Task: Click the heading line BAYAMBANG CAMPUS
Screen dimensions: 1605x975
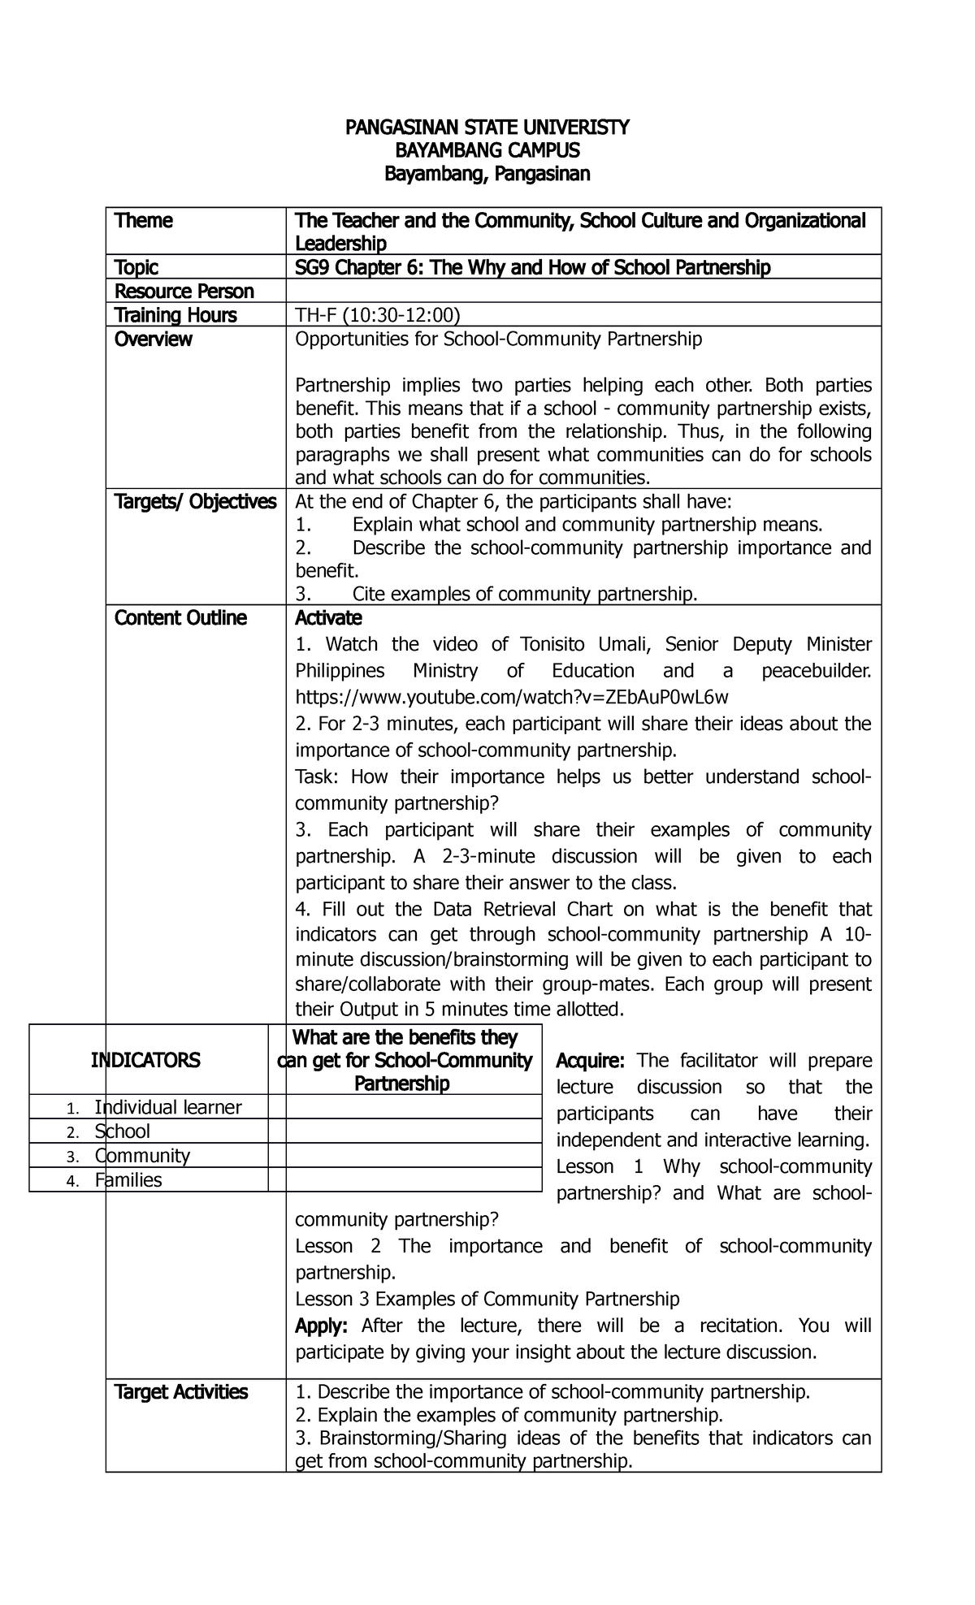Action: (487, 150)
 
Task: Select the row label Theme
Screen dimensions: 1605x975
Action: (144, 221)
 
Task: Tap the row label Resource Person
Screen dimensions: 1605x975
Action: (184, 291)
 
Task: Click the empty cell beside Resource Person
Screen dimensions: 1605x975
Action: (583, 291)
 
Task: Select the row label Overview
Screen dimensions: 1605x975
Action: (154, 339)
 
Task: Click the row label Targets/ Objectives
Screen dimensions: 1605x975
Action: (195, 502)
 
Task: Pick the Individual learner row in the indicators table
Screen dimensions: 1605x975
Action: (167, 1107)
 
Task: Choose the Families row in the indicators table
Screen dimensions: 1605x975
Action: (128, 1180)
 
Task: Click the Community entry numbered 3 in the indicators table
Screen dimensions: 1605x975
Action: (141, 1156)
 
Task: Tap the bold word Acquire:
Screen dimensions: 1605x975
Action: (590, 1061)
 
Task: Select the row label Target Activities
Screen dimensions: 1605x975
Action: (181, 1392)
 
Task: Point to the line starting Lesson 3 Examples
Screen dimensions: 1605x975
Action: (487, 1299)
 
